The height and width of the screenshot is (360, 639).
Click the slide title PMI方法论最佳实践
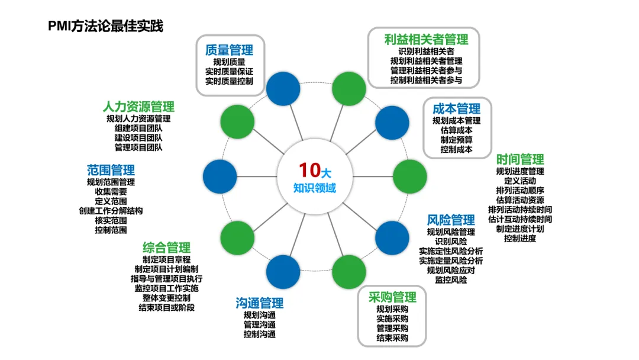(106, 26)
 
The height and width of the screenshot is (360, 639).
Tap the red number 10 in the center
(309, 170)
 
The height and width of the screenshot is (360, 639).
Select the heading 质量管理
(229, 50)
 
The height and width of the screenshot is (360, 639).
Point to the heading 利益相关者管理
(426, 39)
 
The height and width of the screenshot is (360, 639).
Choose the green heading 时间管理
(520, 159)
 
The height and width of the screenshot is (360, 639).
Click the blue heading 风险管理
(451, 220)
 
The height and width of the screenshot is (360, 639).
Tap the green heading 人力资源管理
(138, 107)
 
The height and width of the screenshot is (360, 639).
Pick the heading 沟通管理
(259, 303)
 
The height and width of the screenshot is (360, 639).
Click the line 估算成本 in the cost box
(456, 130)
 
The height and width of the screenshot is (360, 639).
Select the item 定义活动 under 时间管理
(520, 181)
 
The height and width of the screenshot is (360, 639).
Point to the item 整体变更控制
(166, 298)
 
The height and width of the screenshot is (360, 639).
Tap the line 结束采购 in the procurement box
(392, 337)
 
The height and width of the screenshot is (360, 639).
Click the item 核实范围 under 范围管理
(111, 220)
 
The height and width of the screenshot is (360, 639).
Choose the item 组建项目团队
(138, 128)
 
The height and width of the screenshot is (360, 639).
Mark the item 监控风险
(451, 279)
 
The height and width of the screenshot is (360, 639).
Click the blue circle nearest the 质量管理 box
(283, 88)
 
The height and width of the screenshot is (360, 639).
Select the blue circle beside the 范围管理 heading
(220, 176)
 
